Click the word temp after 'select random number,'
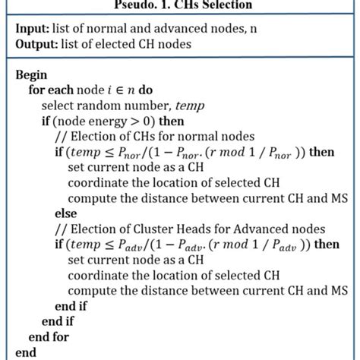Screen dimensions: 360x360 pyautogui.click(x=177, y=105)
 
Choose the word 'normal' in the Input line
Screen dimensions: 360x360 pyautogui.click(x=102, y=29)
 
